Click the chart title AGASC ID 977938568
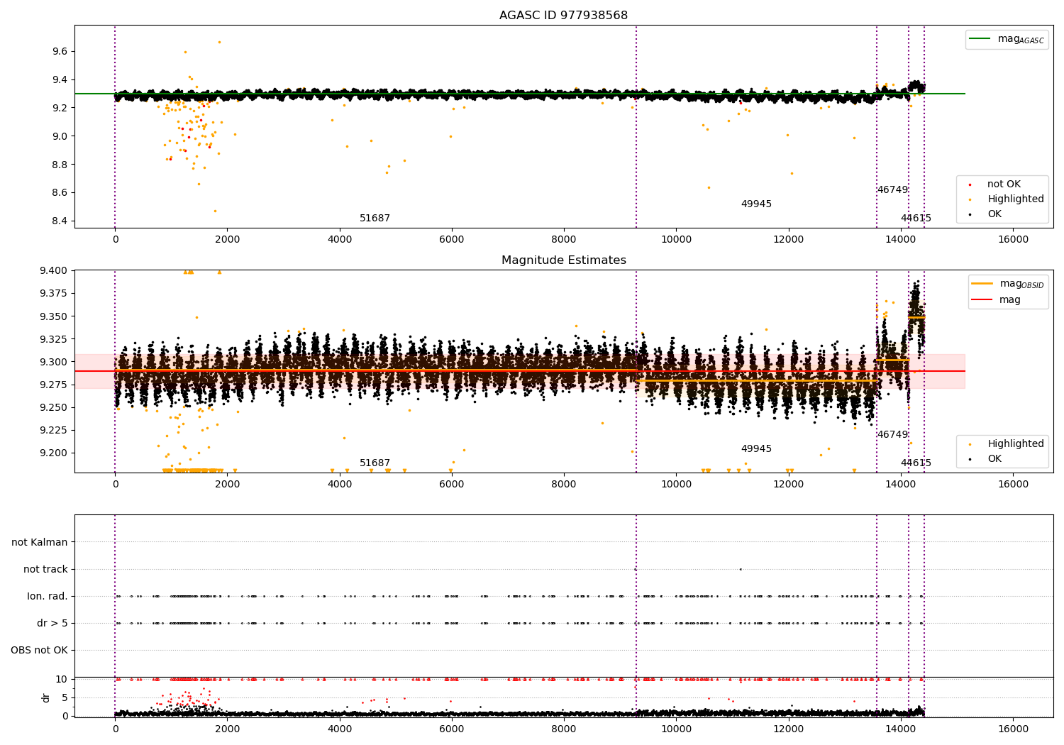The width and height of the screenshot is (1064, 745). tap(563, 15)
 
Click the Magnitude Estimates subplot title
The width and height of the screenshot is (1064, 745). tap(564, 260)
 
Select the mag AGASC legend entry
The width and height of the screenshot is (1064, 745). tap(1007, 39)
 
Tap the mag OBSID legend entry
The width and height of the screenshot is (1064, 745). tap(1008, 284)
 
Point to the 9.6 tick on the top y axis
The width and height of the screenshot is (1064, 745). tap(60, 51)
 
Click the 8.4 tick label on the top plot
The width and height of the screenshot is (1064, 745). tap(60, 221)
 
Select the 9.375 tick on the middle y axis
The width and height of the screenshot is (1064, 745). tap(54, 293)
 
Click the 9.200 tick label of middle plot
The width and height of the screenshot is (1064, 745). tap(54, 453)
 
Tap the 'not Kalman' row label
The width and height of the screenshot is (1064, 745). tap(40, 542)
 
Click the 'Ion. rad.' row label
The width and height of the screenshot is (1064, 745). tap(47, 596)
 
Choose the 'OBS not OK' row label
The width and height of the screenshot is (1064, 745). tap(40, 650)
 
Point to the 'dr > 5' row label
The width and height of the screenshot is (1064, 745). tap(52, 623)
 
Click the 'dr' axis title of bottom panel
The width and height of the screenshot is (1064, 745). tap(45, 697)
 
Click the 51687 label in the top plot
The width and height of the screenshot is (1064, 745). tap(375, 218)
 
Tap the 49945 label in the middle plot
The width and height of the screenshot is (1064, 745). tap(756, 448)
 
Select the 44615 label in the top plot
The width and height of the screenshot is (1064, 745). tap(916, 218)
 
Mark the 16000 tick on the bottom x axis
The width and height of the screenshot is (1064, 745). tap(1013, 729)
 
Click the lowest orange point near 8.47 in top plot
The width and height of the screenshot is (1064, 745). tap(215, 211)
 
